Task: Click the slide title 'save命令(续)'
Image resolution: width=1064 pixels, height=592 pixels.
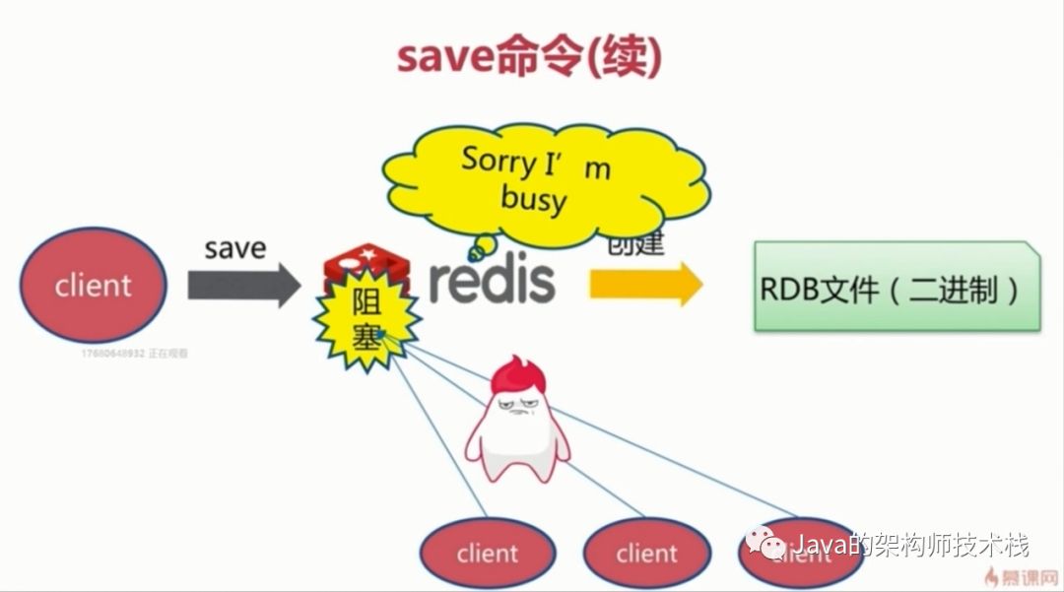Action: (529, 56)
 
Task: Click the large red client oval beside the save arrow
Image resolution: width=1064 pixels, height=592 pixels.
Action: (94, 285)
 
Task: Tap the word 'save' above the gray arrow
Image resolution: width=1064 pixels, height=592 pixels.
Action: (234, 247)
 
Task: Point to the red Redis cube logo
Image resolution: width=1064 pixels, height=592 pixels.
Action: (366, 263)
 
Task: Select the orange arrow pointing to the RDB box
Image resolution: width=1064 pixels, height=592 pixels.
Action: (645, 285)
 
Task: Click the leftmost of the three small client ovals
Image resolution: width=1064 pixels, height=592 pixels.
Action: (486, 553)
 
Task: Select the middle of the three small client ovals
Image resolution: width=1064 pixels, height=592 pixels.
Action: (646, 553)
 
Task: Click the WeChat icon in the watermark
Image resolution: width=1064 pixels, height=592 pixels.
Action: (765, 543)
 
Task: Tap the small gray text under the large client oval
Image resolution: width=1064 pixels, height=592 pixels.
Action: (134, 352)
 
